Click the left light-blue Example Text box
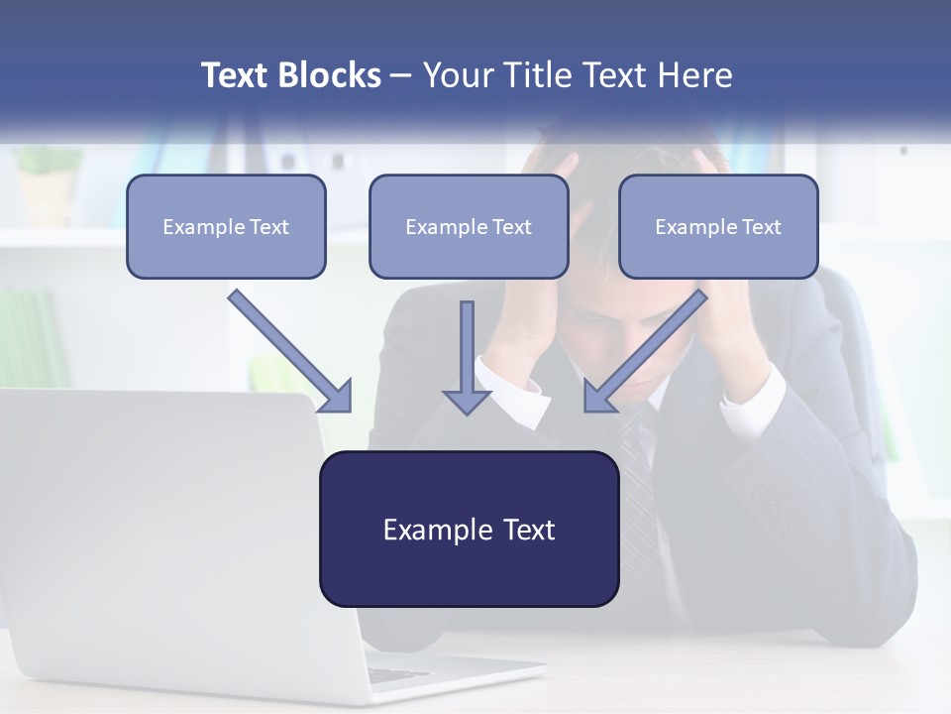(x=226, y=227)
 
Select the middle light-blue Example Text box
(x=469, y=227)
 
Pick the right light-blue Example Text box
(x=718, y=227)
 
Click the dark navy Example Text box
(x=469, y=530)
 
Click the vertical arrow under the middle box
(x=467, y=358)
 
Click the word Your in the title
(x=454, y=75)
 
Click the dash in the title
(x=401, y=75)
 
